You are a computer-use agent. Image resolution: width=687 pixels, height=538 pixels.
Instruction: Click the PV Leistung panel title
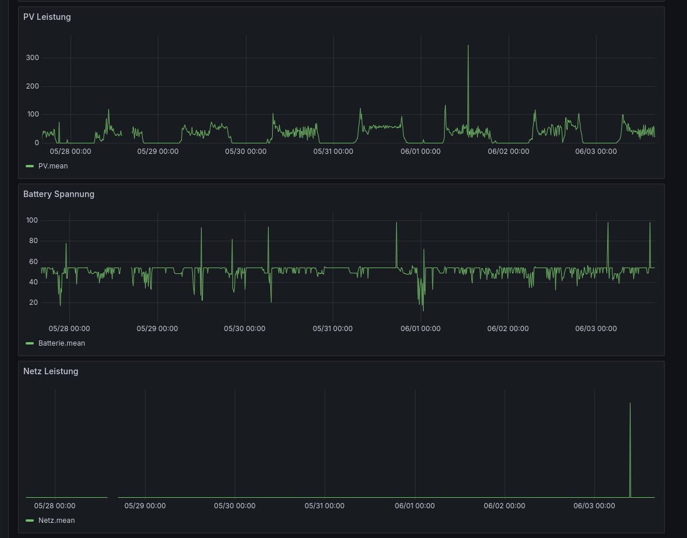[47, 17]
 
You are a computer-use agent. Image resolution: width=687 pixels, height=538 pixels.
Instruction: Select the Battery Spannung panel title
[59, 194]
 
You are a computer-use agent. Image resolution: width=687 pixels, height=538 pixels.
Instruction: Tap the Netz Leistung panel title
[51, 371]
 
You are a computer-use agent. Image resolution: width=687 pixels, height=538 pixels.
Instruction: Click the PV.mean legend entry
[52, 166]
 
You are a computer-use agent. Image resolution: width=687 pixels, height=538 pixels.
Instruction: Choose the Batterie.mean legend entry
[61, 343]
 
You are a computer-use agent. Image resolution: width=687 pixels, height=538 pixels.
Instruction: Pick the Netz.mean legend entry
[56, 521]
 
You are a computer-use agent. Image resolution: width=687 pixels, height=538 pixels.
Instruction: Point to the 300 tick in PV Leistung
[32, 58]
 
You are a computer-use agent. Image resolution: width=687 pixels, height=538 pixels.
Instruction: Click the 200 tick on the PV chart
[32, 86]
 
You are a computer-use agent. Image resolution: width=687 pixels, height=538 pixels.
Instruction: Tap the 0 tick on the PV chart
[37, 143]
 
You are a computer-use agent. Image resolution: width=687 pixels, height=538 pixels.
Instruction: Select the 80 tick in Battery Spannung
[33, 241]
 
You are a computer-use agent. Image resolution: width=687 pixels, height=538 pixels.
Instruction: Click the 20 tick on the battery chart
[33, 303]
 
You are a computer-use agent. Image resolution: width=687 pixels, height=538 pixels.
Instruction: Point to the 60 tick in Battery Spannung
[33, 262]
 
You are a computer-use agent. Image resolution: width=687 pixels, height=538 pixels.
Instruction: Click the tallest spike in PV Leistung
[468, 47]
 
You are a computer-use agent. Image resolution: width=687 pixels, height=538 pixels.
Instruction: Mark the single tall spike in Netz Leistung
[630, 404]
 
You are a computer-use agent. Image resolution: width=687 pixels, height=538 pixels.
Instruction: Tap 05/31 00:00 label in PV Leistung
[333, 152]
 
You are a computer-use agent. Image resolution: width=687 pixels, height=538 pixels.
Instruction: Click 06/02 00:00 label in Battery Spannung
[508, 329]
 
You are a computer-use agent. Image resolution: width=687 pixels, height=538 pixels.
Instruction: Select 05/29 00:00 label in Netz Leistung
[145, 506]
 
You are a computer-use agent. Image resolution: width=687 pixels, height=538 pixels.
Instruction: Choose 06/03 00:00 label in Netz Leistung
[594, 506]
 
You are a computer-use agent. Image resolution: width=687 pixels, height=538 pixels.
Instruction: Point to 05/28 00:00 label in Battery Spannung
[69, 329]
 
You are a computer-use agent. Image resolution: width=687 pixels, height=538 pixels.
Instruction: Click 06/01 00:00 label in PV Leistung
[421, 152]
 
